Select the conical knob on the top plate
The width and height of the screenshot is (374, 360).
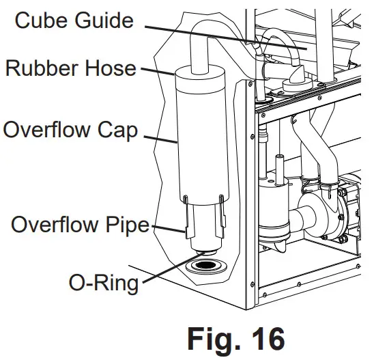[298, 76]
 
